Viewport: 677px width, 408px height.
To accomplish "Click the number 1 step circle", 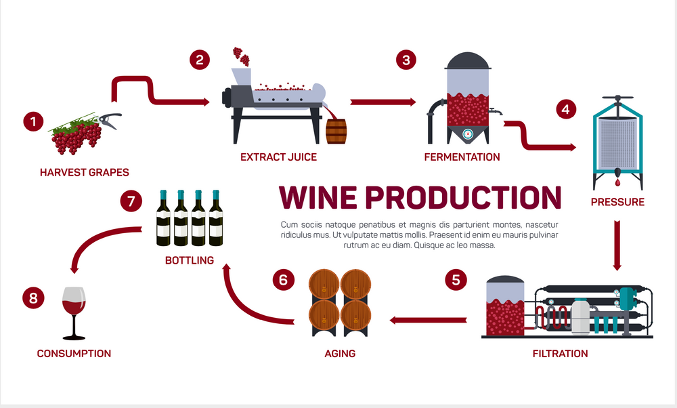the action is (x=32, y=122).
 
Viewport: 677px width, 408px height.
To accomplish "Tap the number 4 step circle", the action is (x=566, y=108).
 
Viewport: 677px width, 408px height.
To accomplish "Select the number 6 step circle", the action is (x=284, y=279).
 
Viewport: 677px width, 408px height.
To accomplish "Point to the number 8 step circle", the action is (x=32, y=297).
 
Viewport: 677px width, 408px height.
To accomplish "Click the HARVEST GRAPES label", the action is (x=84, y=172).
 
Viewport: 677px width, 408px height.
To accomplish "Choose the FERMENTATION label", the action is (x=462, y=157).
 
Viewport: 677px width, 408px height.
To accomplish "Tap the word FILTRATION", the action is (x=559, y=354).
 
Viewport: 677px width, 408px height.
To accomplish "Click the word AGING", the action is (x=339, y=354).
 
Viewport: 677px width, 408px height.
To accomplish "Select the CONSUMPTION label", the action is (x=74, y=354).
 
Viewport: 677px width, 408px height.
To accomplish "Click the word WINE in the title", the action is (x=318, y=197).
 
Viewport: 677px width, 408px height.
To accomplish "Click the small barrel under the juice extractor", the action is (x=336, y=131).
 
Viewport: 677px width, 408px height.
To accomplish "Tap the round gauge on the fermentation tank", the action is (x=468, y=134).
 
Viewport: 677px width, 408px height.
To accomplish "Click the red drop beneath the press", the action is (x=617, y=182).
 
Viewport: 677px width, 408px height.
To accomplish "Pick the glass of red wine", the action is (x=74, y=312).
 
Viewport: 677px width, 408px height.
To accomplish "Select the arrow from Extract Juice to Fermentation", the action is (x=383, y=102).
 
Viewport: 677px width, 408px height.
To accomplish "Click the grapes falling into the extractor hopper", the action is (x=238, y=54).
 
